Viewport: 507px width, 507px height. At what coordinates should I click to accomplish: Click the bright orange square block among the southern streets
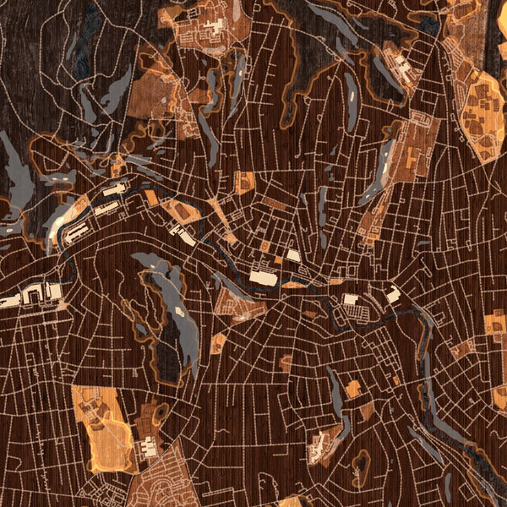point(352,389)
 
